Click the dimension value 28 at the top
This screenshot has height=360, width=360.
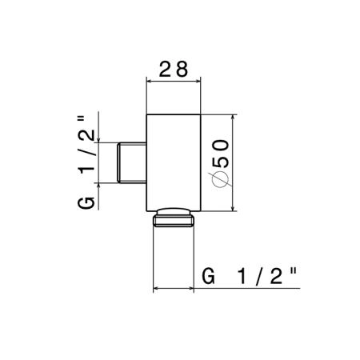pos(174,69)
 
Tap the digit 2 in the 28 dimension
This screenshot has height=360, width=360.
pos(165,69)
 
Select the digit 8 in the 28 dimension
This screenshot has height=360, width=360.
pos(182,69)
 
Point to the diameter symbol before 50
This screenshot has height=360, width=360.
pos(220,178)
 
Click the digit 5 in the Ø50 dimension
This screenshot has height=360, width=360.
pos(221,161)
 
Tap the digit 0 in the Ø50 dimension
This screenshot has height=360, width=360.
pos(221,145)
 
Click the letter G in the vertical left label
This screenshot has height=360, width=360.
pos(86,203)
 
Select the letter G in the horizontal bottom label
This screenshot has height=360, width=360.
pos(208,277)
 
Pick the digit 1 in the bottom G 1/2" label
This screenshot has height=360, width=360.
pos(242,277)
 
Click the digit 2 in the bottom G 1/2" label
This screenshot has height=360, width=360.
pos(276,277)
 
